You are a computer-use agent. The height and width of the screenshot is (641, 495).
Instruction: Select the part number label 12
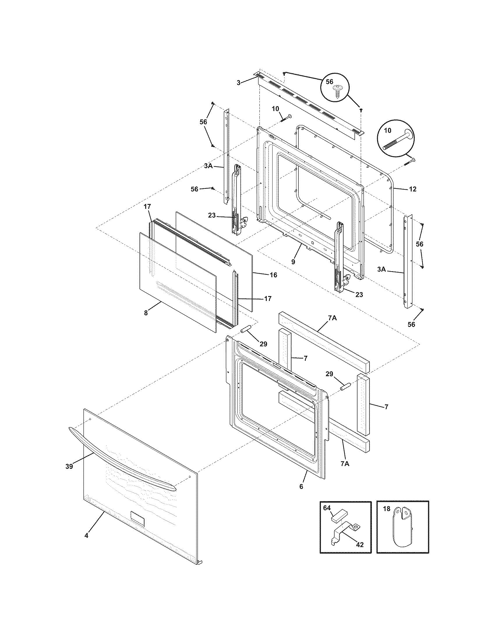412,189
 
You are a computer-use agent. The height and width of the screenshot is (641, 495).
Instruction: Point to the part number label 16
273,275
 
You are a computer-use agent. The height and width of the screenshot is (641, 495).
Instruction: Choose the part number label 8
146,313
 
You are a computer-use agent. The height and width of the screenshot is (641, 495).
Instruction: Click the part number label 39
69,466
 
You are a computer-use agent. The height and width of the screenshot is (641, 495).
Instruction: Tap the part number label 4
86,535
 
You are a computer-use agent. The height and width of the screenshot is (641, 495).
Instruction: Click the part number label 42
360,545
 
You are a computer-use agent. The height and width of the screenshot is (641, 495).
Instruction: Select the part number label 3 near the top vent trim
239,83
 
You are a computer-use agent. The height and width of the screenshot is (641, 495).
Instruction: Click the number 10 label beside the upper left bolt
275,109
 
